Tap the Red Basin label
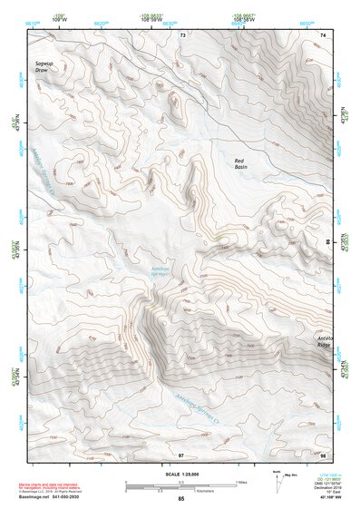tap(240, 163)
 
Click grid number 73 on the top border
tap(182, 34)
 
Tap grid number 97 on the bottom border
tap(182, 454)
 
